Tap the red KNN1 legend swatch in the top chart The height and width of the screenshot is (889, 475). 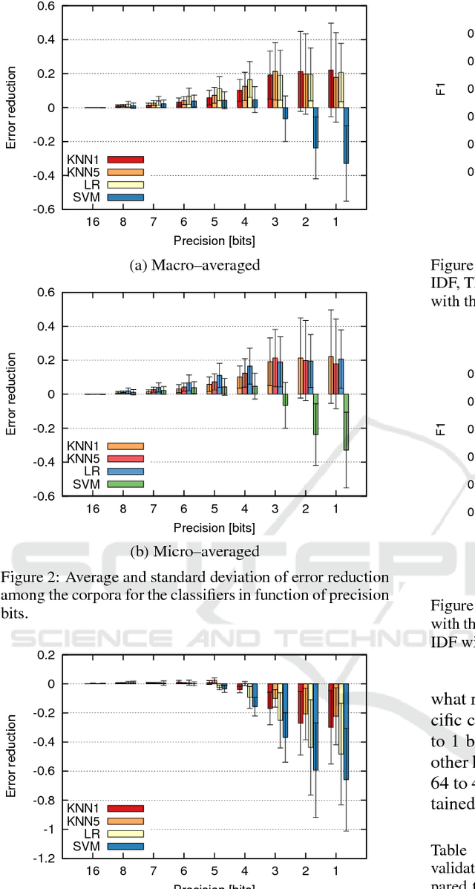[125, 160]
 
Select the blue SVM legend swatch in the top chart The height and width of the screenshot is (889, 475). [125, 197]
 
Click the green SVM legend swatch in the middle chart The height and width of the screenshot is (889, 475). [125, 484]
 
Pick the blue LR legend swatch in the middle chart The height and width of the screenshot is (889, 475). [125, 472]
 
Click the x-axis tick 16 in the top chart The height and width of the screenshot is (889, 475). [93, 221]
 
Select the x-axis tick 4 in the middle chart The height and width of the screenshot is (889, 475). [245, 509]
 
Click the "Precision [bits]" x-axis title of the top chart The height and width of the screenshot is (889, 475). [214, 241]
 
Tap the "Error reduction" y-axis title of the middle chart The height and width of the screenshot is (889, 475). [12, 394]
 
